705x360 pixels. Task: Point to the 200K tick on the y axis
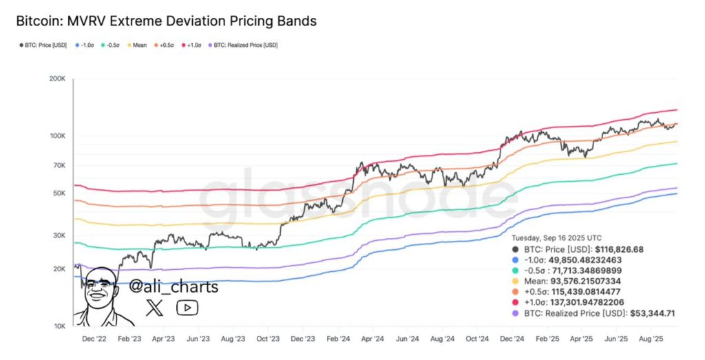[56, 79]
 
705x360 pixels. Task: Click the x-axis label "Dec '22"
[94, 339]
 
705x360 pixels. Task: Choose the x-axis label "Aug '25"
[651, 339]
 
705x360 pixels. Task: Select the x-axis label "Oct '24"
[476, 339]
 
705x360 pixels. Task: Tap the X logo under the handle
[155, 308]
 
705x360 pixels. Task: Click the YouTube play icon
[187, 308]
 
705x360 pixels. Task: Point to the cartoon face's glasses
[100, 284]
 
